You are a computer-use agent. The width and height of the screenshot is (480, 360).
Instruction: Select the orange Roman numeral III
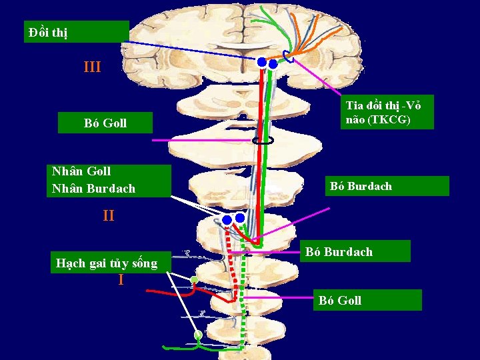point(92,67)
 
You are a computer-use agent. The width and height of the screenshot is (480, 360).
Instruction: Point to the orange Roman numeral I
point(121,280)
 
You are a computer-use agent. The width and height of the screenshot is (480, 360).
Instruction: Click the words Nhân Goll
point(81,171)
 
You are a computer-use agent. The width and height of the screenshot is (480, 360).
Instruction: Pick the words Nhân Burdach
point(93,189)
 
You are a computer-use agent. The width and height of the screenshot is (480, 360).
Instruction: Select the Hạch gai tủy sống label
point(107,263)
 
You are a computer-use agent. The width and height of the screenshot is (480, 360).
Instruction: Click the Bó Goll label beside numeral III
point(105,123)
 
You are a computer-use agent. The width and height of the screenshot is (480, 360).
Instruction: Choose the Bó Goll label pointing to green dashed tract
point(340,300)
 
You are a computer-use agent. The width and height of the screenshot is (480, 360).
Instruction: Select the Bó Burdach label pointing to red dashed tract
point(339,252)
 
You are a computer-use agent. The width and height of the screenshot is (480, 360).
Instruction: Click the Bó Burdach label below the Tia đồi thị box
point(361,186)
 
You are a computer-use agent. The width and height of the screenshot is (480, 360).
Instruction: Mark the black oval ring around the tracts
point(263,141)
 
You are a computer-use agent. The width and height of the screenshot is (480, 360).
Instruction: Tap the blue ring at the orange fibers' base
point(287,56)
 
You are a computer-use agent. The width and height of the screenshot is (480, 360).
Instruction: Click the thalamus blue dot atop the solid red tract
point(262,63)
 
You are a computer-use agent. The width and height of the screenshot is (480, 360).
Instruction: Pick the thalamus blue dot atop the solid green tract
point(273,64)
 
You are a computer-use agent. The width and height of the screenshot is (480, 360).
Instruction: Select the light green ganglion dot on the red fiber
point(194,280)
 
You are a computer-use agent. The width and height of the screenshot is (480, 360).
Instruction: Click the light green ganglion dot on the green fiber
point(198,335)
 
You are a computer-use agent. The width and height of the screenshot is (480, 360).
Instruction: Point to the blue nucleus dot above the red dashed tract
point(227,219)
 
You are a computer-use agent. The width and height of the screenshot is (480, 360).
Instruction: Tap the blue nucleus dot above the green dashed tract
point(240,217)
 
